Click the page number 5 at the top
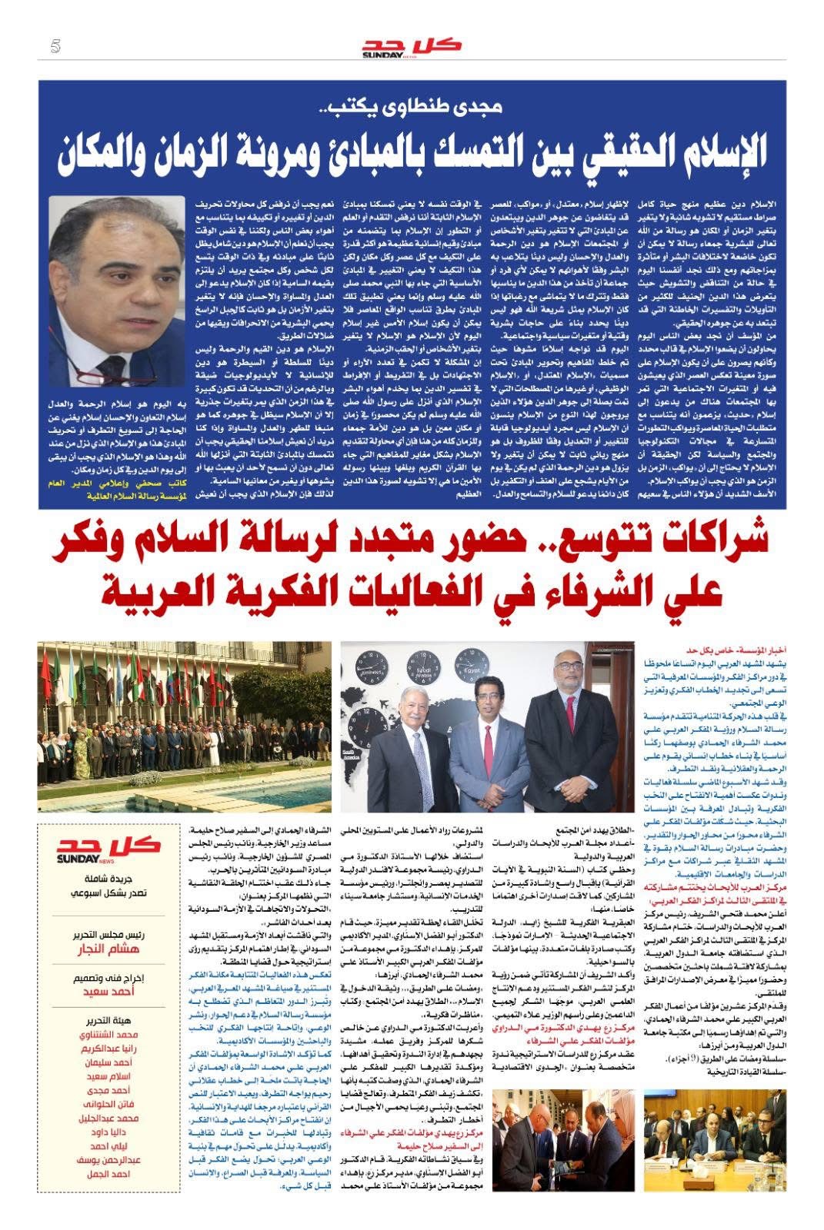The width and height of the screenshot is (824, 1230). (x=55, y=47)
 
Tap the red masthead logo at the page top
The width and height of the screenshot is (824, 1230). (x=412, y=47)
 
